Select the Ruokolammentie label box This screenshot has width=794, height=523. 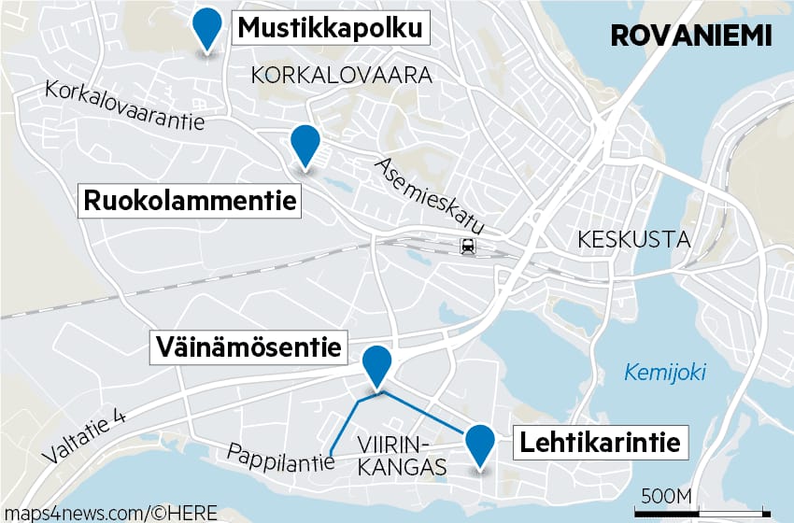191,201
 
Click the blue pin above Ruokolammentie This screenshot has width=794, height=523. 305,145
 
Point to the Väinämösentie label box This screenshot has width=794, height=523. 248,348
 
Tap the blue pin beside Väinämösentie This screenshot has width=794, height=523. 377,363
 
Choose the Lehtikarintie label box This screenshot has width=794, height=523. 600,443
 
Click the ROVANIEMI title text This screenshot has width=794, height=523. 690,35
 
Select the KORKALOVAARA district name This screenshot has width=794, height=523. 342,76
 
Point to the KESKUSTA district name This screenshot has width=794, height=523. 633,239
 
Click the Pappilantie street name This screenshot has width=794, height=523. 280,458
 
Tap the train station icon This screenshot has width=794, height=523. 466,247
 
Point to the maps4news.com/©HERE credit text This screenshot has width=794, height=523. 109,512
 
